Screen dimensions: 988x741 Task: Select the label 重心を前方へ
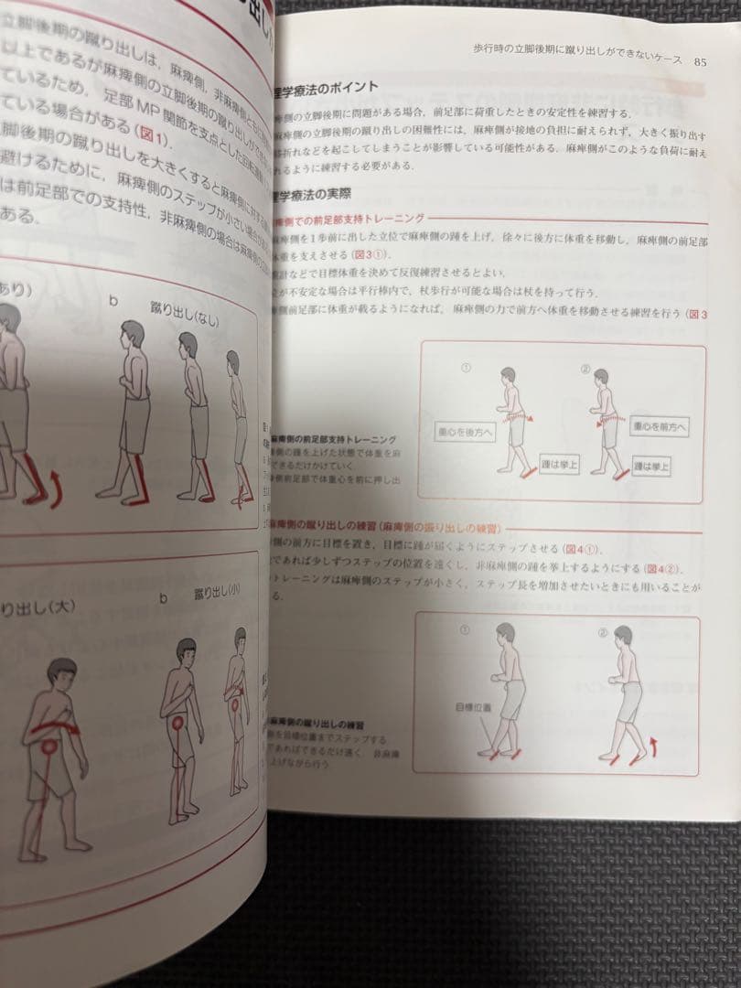(x=659, y=426)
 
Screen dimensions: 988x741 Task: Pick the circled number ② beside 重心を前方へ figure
(x=585, y=370)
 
